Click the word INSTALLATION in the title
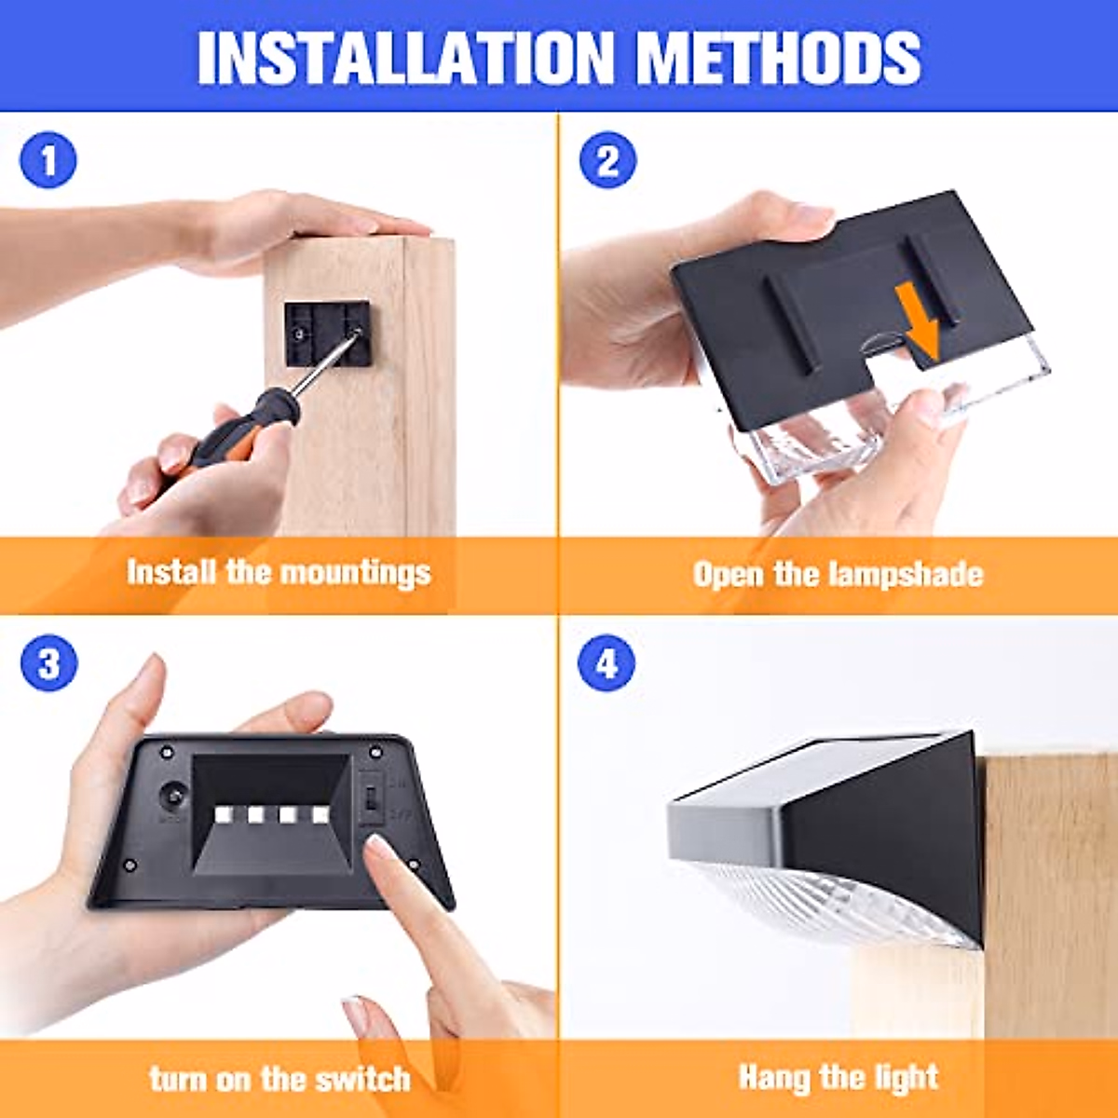coord(405,58)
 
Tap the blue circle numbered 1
coord(48,160)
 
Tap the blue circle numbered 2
coord(607,160)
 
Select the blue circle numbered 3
coord(48,663)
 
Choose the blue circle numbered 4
coord(607,663)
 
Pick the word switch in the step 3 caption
coord(362,1079)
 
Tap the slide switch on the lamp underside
coord(372,798)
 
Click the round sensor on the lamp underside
coord(173,798)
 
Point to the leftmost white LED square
coord(225,815)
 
